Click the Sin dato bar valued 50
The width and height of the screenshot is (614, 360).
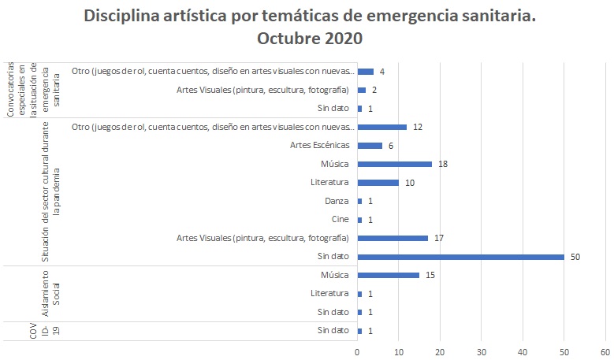tap(460, 256)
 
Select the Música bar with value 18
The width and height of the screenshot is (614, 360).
tap(394, 164)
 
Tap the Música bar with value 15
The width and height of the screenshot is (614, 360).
tap(388, 275)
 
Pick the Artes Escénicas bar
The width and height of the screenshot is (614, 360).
tap(370, 146)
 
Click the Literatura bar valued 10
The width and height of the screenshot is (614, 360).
tap(378, 183)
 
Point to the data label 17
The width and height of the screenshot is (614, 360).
tap(440, 238)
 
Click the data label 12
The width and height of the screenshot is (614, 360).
tap(419, 127)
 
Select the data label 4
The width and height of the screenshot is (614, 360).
tap(381, 72)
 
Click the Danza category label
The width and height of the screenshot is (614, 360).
tap(337, 201)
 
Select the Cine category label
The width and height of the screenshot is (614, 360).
tap(340, 219)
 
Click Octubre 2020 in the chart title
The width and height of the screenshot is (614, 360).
tap(308, 39)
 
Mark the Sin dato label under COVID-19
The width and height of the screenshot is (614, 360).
tap(333, 330)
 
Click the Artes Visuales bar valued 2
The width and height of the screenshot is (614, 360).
tap(361, 90)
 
